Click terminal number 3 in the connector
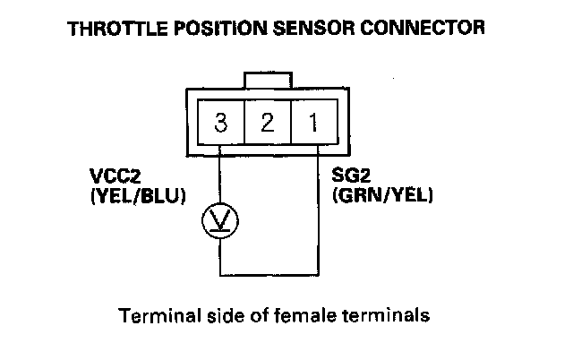219,123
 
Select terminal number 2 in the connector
267,123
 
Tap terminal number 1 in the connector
313,123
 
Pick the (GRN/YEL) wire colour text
382,193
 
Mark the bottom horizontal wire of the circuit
269,275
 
